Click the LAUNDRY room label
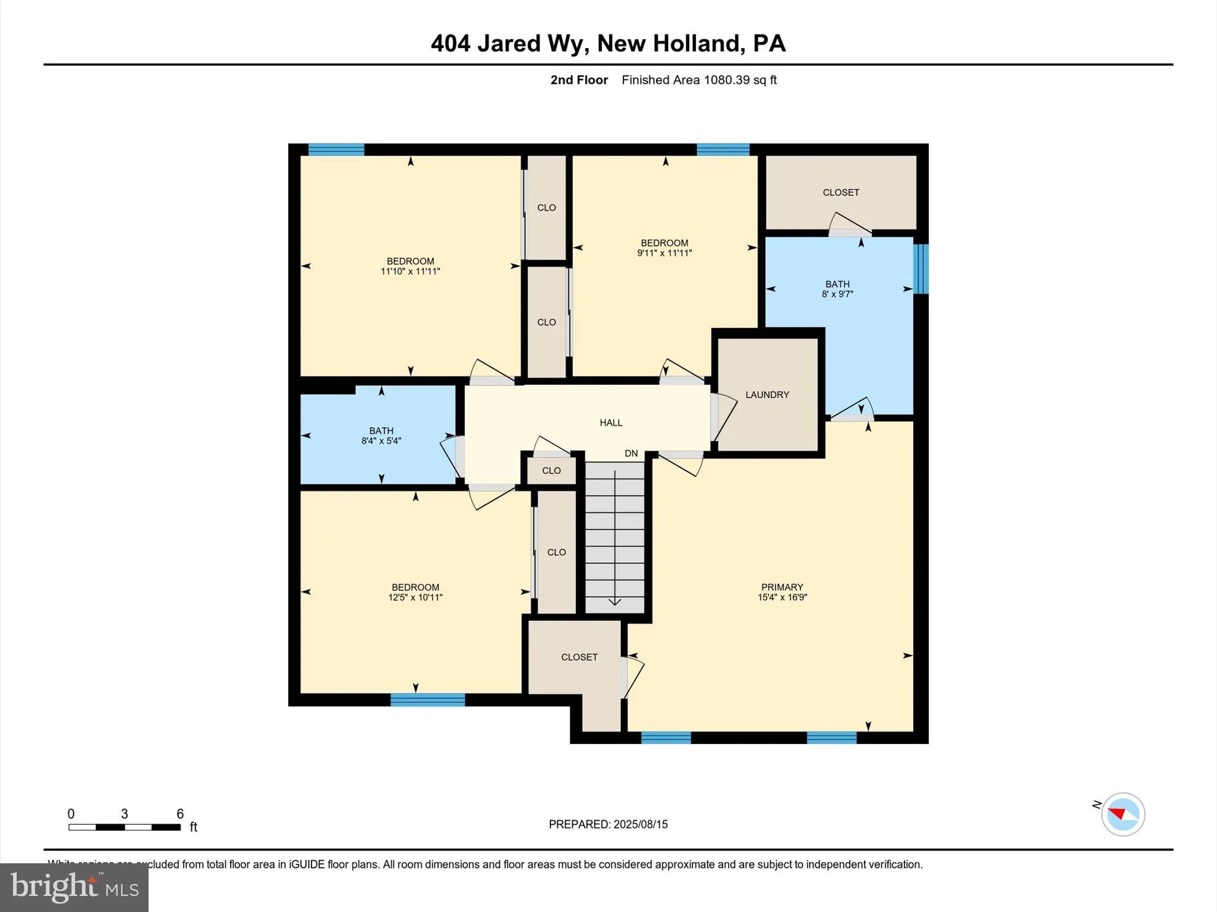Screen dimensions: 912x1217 [x=767, y=395]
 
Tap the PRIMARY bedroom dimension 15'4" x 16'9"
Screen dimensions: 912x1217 [x=782, y=597]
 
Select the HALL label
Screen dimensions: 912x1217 [x=611, y=423]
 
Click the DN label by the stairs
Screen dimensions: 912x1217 [x=631, y=454]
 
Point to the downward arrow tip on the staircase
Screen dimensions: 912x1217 [x=615, y=604]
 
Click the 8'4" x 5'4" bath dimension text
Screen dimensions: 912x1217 [x=381, y=441]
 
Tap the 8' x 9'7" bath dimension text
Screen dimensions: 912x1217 [x=837, y=294]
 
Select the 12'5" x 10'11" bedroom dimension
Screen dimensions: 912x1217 [x=415, y=597]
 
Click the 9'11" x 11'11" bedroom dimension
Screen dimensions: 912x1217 [x=664, y=253]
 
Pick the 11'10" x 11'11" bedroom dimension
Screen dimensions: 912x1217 [x=410, y=271]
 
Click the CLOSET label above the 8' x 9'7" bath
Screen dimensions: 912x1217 [x=841, y=192]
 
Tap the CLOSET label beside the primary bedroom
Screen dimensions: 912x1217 [x=579, y=657]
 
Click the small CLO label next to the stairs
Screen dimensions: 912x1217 [x=551, y=471]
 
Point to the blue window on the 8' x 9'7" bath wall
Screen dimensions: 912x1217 [x=920, y=269]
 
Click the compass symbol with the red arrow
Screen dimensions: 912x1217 [x=1123, y=814]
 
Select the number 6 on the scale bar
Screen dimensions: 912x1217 [x=180, y=814]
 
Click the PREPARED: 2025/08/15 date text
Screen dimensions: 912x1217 [x=608, y=824]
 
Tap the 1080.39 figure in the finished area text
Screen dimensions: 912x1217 [x=727, y=80]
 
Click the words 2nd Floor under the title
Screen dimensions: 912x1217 [x=579, y=80]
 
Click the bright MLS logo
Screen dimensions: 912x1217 [x=74, y=887]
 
